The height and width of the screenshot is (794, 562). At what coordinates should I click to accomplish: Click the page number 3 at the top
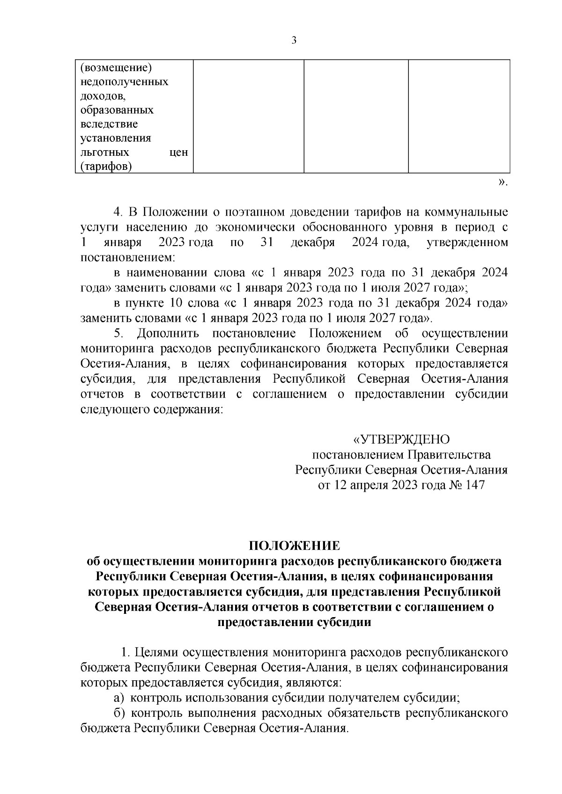point(294,40)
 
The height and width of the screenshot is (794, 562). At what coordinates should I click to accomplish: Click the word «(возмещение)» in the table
point(117,68)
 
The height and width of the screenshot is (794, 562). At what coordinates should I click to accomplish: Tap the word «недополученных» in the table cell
point(125,82)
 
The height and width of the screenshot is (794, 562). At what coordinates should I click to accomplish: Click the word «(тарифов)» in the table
point(106,167)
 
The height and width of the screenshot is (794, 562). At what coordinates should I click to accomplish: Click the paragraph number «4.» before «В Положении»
point(118,212)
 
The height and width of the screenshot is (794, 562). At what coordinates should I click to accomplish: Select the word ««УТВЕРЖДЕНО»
point(401,439)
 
